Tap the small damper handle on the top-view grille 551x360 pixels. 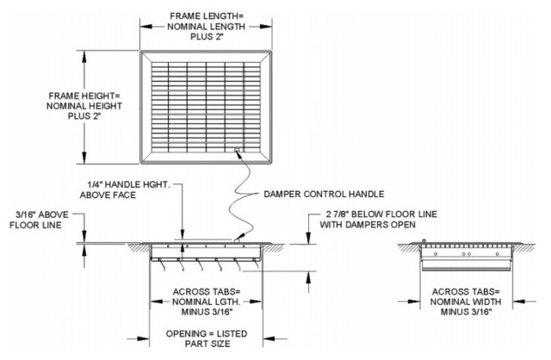pos(237,152)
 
